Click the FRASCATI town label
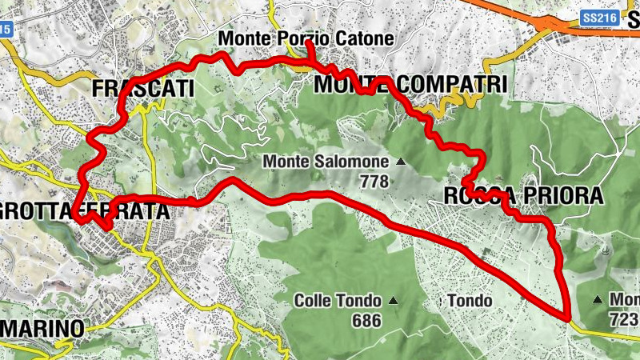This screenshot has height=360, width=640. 144,88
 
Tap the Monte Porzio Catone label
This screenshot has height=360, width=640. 306,38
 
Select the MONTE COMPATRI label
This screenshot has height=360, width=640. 410,84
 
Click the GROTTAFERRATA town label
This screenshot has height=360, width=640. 84,212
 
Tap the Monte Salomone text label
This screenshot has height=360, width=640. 326,162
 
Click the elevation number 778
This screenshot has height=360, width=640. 374,182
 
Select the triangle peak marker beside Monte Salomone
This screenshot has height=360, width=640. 401,162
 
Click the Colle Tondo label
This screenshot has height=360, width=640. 340,301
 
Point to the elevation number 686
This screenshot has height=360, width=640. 366,320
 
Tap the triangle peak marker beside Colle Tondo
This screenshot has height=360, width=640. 393,301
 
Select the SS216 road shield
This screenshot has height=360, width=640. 599,16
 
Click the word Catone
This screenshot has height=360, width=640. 366,38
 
